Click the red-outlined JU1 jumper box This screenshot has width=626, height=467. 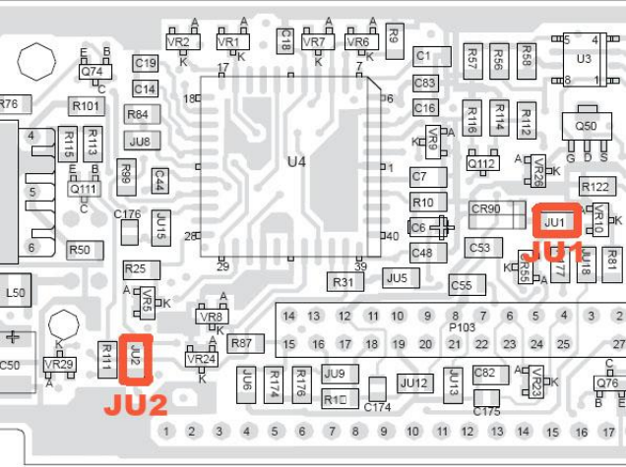coord(554,221)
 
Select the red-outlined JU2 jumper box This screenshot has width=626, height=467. coord(136,360)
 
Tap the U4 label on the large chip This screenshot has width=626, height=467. coord(296,160)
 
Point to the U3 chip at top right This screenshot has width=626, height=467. coord(584,60)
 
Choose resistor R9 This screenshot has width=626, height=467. coord(393,35)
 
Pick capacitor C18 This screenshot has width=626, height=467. coord(285,40)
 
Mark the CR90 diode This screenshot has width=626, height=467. coord(486,209)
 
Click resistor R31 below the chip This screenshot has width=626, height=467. coord(343,282)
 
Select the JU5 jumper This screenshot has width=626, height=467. coord(397,278)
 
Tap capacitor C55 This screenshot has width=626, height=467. coord(461,285)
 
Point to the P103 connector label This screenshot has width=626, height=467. coord(462,325)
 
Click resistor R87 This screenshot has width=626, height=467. coord(242,343)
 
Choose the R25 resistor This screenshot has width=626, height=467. coord(136,268)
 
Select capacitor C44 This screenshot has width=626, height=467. coord(158,180)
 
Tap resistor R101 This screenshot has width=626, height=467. coord(86,105)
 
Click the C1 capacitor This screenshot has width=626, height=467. coord(424,55)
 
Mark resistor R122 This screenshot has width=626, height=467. coord(595,187)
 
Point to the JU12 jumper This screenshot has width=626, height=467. coord(414,382)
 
